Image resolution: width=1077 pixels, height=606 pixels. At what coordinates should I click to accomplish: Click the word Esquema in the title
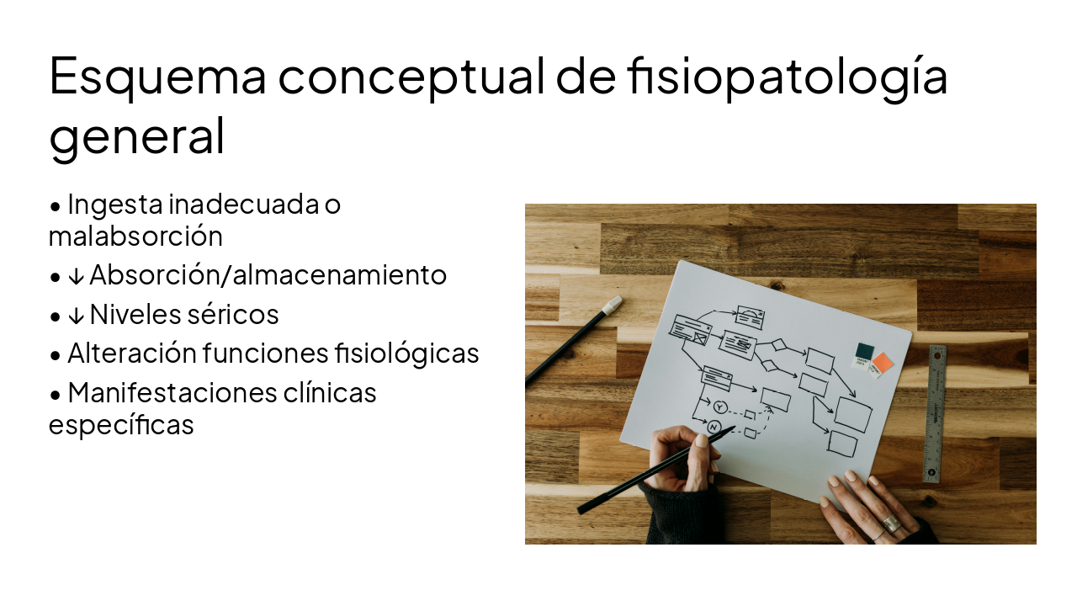[157, 76]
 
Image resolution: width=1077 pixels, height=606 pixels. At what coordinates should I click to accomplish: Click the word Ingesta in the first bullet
[114, 205]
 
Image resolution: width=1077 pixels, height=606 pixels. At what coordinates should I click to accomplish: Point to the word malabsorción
[135, 237]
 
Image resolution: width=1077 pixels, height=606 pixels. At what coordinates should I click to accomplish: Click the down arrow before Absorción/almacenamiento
[76, 276]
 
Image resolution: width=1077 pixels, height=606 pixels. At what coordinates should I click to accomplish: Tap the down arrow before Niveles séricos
[76, 316]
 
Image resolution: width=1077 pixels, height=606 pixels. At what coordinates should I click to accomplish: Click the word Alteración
[131, 353]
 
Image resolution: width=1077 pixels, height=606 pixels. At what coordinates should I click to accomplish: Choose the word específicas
[121, 425]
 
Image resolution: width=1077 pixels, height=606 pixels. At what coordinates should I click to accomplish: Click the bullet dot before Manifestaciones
[56, 394]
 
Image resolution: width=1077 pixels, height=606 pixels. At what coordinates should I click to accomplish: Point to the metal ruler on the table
[935, 412]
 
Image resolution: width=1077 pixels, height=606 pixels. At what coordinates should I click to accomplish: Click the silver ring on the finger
[891, 524]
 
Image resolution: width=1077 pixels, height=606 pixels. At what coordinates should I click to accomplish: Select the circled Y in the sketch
[719, 407]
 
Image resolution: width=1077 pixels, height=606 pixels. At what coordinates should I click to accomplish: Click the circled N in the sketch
[715, 427]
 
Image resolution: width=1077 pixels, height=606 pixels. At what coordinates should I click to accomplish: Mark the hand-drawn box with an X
[700, 338]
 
